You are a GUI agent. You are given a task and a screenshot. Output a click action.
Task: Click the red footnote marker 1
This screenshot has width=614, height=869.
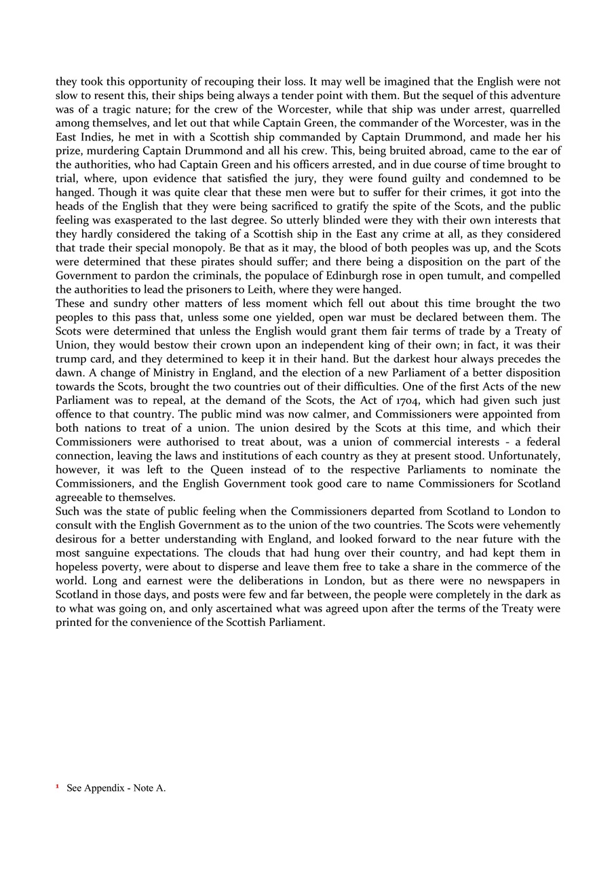tap(58, 788)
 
